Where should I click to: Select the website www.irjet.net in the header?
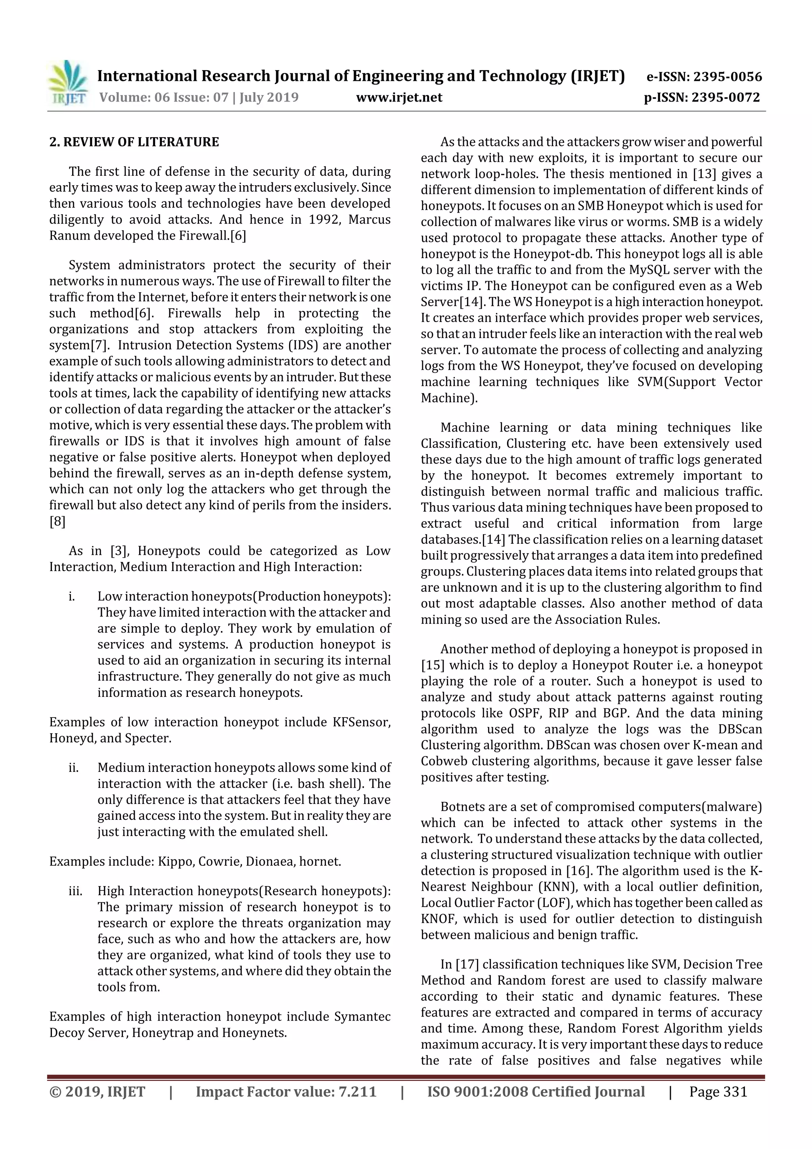click(x=399, y=98)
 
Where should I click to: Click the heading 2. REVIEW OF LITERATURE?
click(x=134, y=142)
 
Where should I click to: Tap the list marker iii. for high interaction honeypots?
click(x=75, y=891)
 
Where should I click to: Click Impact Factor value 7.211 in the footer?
click(x=286, y=1092)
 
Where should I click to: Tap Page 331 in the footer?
click(x=718, y=1092)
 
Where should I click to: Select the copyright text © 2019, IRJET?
click(x=97, y=1092)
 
